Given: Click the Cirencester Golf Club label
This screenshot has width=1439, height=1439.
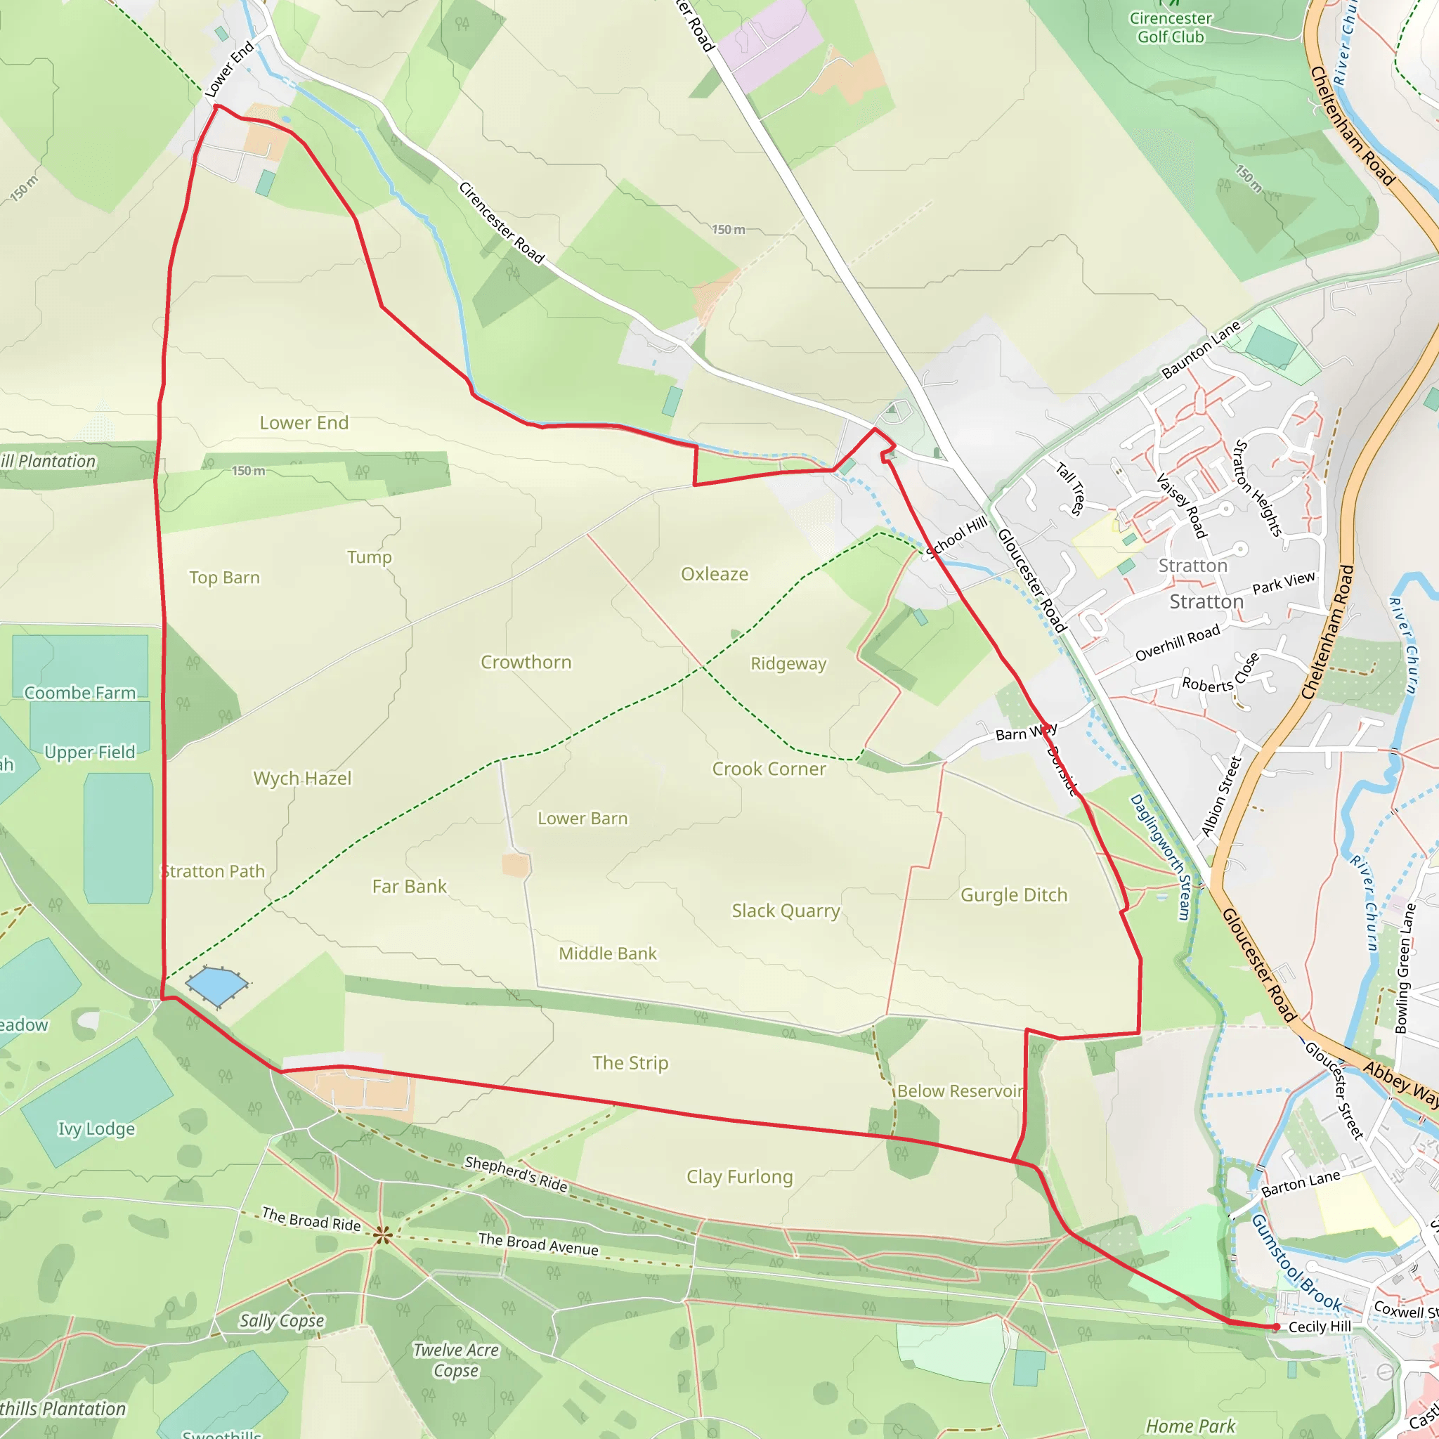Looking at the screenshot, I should point(1170,27).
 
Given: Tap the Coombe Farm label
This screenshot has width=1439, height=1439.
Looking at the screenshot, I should point(80,693).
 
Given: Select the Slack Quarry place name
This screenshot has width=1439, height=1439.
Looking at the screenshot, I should point(785,910).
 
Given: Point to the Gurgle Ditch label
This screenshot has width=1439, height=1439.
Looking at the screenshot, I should point(1014,894).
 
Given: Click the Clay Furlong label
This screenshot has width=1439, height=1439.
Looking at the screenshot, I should point(740,1176).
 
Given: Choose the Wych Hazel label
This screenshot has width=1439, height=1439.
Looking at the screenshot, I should point(302,779).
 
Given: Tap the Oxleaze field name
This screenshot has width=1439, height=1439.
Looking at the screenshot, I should point(715,574).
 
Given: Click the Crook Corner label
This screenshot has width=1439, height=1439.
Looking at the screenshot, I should point(769,769).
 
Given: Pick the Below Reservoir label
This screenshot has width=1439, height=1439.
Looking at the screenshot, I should point(960,1090).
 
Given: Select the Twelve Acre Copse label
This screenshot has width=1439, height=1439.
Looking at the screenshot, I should point(456,1360).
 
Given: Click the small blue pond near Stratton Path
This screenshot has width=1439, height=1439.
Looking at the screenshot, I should point(216,985).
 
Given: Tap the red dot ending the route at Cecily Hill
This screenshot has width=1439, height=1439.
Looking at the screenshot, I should point(1276,1327).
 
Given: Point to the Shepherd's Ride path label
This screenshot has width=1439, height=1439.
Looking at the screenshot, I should point(516,1173).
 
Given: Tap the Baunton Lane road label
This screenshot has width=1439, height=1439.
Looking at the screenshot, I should point(1201,349).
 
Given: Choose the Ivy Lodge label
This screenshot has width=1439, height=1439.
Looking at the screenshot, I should point(97,1128).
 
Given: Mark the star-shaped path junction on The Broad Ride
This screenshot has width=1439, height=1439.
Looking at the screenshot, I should point(383,1235).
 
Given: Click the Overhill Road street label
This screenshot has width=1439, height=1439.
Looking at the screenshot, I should point(1178,643).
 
